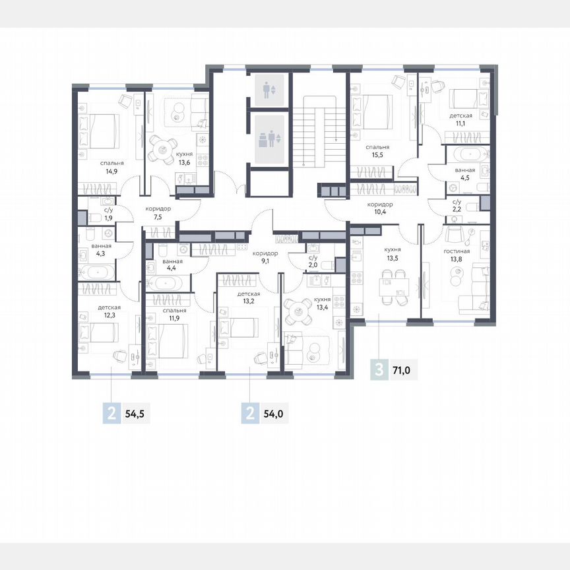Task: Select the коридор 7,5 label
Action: point(158,212)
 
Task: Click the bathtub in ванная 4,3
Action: point(97,271)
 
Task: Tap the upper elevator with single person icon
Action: point(268,90)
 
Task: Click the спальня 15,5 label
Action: point(378,152)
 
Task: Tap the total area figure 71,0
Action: point(402,371)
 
